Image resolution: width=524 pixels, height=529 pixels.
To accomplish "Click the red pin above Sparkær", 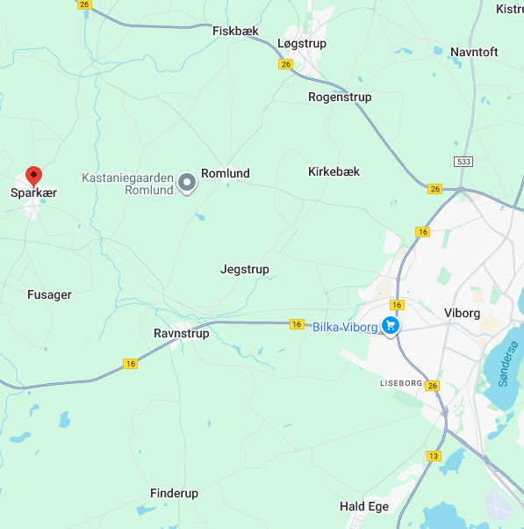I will point(33,175).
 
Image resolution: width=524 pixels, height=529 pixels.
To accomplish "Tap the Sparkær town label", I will point(33,193).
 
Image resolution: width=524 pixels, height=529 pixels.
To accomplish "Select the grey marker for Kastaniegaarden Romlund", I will point(187,183).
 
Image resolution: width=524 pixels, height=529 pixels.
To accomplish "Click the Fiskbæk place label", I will point(236,31).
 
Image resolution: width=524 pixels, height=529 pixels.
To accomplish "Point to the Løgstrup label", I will point(302,42).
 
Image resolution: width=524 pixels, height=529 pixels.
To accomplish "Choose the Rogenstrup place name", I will point(340,97).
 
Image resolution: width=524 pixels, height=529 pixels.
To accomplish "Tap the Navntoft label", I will point(474,52).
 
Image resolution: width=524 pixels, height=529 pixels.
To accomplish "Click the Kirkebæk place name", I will point(334,171).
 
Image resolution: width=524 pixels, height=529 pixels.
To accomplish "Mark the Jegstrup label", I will point(245,269).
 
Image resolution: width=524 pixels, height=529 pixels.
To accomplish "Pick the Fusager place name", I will point(49,294).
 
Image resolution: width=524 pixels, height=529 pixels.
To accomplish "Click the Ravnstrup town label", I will point(181,334).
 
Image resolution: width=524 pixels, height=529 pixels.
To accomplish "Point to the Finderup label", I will point(174,493).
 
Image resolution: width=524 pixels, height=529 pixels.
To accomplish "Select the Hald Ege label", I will point(364,507).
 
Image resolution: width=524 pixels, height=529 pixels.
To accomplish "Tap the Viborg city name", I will point(463,313).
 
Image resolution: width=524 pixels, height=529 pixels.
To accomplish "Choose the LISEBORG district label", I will point(402,384).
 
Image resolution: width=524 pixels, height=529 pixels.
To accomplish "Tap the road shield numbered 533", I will point(463,162).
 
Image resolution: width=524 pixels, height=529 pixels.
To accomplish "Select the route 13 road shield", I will point(434,456).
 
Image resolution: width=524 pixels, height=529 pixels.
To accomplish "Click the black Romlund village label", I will point(226,173).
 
